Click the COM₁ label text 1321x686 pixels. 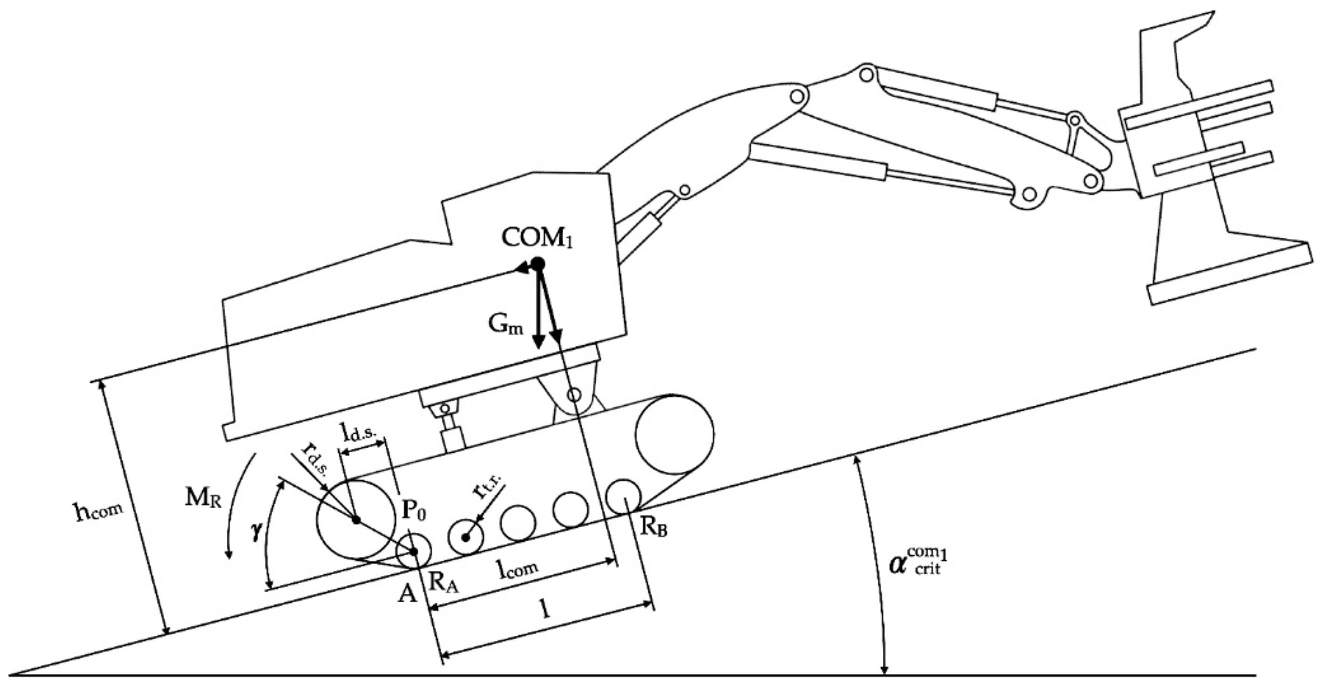tap(536, 238)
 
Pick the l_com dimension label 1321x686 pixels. tap(519, 568)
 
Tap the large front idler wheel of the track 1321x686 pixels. tap(674, 434)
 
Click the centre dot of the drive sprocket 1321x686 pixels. tap(356, 520)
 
